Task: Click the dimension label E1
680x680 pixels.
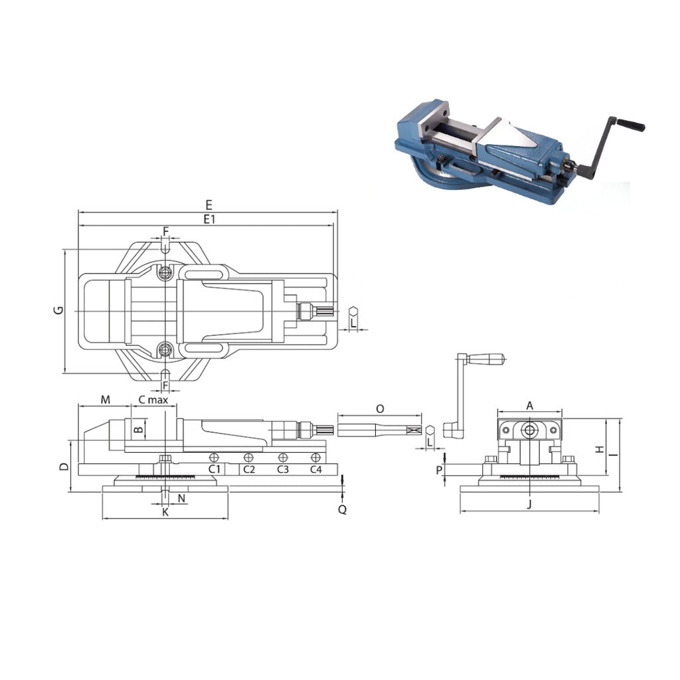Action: click(x=209, y=219)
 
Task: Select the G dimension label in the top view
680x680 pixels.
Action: click(x=58, y=310)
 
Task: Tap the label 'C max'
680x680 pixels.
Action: click(x=153, y=400)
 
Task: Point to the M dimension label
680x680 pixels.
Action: click(x=106, y=399)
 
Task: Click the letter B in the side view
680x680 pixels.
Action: click(x=138, y=430)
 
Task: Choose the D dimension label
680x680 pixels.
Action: click(x=64, y=467)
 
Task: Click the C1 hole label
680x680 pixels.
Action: click(x=214, y=469)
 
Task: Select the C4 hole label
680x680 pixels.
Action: click(x=316, y=469)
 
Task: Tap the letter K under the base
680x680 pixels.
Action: click(x=165, y=512)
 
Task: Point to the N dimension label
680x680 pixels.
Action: click(x=182, y=498)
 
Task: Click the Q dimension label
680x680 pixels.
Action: click(x=342, y=509)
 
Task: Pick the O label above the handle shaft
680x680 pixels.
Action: click(x=380, y=409)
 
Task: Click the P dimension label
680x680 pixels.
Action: click(x=440, y=470)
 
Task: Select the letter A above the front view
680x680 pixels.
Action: click(x=529, y=406)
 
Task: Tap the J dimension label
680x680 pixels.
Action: click(x=529, y=504)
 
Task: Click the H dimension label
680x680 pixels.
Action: click(x=600, y=450)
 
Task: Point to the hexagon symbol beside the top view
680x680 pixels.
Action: click(x=355, y=311)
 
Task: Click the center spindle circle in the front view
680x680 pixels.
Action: click(x=529, y=430)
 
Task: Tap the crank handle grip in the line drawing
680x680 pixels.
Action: click(x=487, y=359)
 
